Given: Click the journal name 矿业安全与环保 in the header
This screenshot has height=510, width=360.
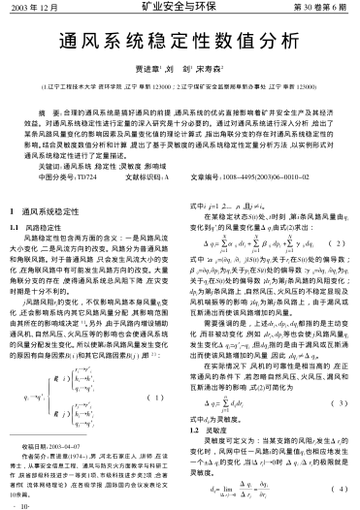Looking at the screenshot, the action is [x=180, y=9].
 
